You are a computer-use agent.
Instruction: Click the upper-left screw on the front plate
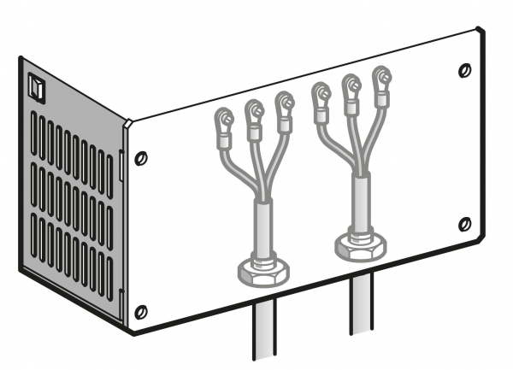pyautogui.click(x=141, y=157)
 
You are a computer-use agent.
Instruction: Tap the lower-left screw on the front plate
pyautogui.click(x=142, y=309)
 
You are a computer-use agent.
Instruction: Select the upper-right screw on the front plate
pyautogui.click(x=464, y=68)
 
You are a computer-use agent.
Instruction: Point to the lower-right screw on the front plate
pyautogui.click(x=464, y=224)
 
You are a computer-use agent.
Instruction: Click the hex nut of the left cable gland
pyautogui.click(x=262, y=272)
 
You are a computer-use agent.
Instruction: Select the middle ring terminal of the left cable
pyautogui.click(x=255, y=110)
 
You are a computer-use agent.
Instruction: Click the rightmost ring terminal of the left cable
pyautogui.click(x=284, y=103)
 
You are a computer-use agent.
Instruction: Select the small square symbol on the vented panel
pyautogui.click(x=35, y=85)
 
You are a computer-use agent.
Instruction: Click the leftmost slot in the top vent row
pyautogui.click(x=33, y=129)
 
